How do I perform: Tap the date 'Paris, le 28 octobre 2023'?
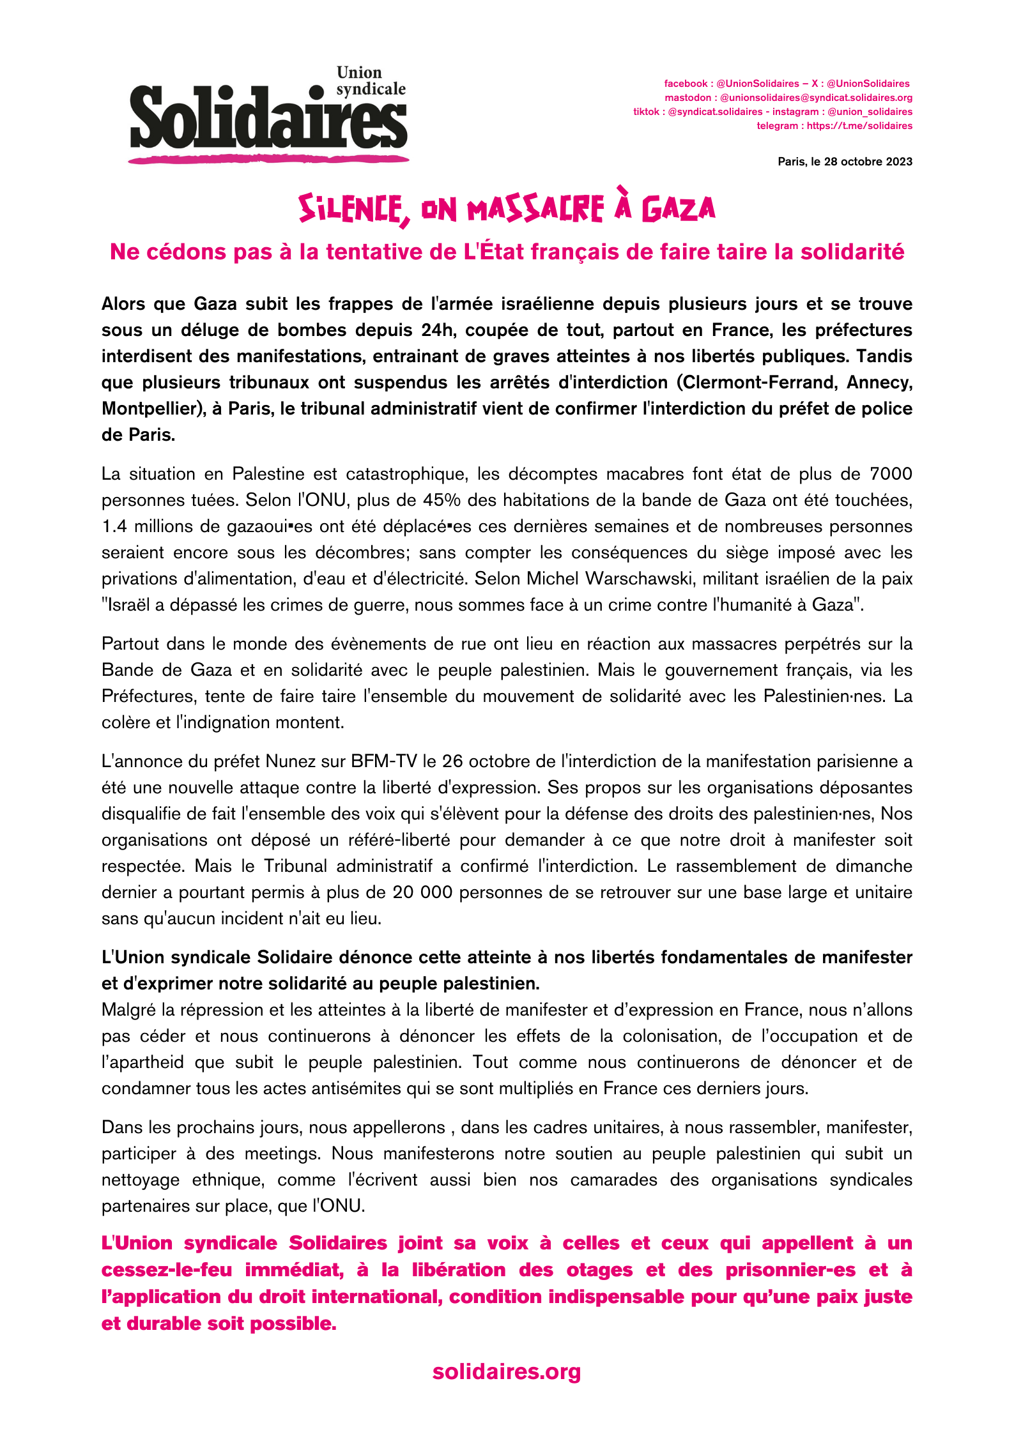tap(845, 162)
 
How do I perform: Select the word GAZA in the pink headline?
tap(678, 209)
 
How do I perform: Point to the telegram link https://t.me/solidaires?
tap(859, 126)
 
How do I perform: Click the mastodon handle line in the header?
tap(788, 98)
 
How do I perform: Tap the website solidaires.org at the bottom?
tap(507, 1371)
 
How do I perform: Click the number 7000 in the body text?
tap(891, 474)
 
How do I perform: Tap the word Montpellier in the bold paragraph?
tap(150, 409)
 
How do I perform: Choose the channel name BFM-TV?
tap(383, 761)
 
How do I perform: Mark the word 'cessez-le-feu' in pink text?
tap(166, 1270)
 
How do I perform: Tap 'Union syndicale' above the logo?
tap(371, 81)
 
